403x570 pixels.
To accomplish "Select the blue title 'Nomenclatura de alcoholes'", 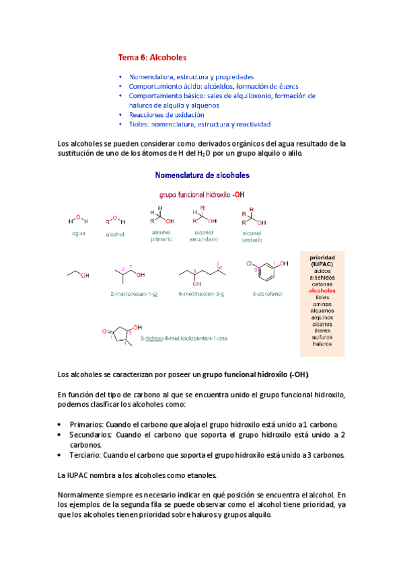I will point(202,175).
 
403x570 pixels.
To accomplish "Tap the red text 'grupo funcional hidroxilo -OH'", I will point(202,194).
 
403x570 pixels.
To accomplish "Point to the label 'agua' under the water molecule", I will point(79,233).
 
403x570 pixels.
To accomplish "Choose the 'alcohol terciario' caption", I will point(252,236).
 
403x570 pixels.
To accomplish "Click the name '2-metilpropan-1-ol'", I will point(133,294).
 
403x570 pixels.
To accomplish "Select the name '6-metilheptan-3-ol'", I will point(201,294).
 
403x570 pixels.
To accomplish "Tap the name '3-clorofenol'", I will point(266,294).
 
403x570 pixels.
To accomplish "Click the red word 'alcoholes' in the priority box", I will point(322,290).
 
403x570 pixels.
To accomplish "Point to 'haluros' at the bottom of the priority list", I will point(322,343).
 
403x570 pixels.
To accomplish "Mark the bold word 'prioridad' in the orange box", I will point(322,257).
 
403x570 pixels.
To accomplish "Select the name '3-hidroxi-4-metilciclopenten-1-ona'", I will point(184,338).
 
